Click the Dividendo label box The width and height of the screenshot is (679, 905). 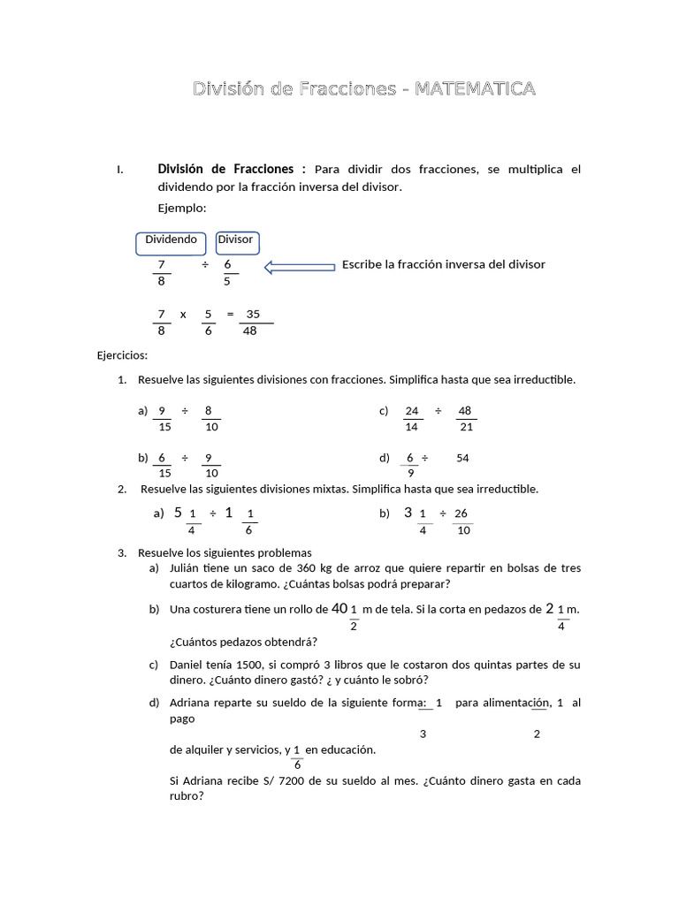[x=171, y=240]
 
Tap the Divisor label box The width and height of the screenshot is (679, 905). [x=235, y=240]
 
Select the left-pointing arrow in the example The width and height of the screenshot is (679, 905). [x=300, y=266]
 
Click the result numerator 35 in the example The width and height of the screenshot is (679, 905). [x=253, y=314]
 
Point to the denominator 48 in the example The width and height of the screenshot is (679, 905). [x=250, y=331]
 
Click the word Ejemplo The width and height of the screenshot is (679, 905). [x=181, y=208]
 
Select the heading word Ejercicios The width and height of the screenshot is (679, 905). [x=122, y=355]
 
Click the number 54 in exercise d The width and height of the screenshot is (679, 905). [x=462, y=458]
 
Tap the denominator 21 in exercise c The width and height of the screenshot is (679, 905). [x=467, y=427]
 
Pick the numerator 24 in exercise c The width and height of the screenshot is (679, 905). [x=411, y=411]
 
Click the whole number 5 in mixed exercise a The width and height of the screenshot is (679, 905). [x=178, y=513]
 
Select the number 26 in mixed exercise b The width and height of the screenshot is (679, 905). [x=461, y=513]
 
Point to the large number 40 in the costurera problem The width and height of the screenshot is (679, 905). [x=339, y=609]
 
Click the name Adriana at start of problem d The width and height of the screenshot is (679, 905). [x=191, y=703]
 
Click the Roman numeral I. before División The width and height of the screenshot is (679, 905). [x=119, y=170]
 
